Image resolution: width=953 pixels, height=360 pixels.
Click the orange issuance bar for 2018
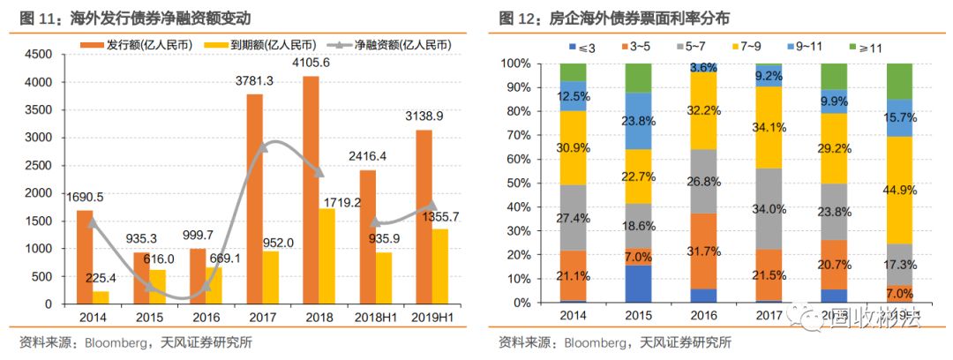tap(311, 190)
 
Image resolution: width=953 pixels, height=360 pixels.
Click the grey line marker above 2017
tap(261, 151)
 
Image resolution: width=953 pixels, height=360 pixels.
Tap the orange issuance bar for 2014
tap(85, 257)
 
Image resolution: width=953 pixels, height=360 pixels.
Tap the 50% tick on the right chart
tap(516, 184)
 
